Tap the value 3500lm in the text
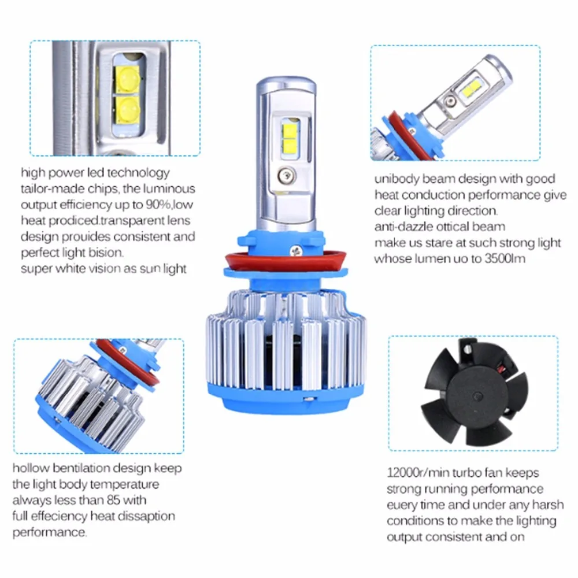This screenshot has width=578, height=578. click(x=505, y=259)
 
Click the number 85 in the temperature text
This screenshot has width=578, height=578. click(x=113, y=500)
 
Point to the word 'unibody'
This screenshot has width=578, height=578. click(x=397, y=179)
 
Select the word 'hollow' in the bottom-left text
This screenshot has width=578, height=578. click(x=31, y=468)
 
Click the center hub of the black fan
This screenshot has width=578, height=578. click(x=477, y=397)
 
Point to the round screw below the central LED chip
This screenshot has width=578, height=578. click(x=287, y=176)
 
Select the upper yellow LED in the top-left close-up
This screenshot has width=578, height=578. click(x=128, y=80)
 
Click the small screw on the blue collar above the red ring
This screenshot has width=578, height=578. click(x=295, y=251)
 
